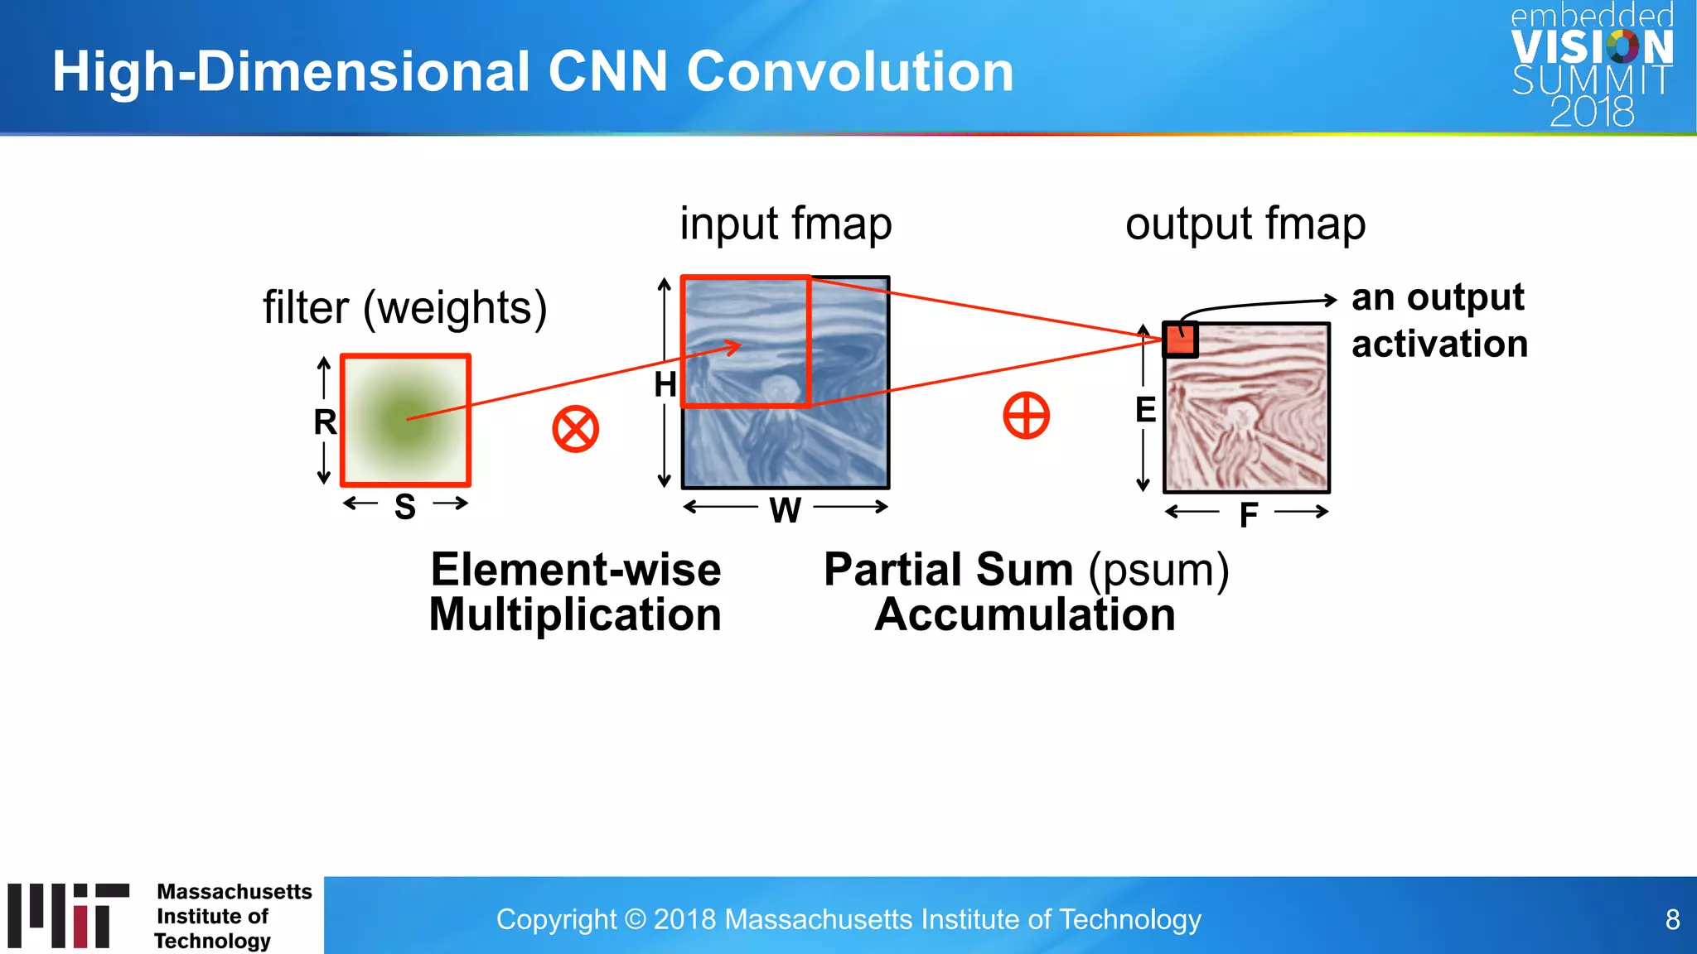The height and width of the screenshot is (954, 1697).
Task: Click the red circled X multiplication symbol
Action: click(575, 429)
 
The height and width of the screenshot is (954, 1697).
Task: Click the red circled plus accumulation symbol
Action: click(1026, 415)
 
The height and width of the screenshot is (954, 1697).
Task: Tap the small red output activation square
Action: click(1180, 340)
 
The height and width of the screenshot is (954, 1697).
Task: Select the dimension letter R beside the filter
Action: click(325, 422)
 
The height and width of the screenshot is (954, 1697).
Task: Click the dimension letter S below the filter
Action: click(404, 506)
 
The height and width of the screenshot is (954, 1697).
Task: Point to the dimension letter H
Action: click(665, 384)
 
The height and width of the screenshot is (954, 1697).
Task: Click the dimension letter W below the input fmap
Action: click(785, 509)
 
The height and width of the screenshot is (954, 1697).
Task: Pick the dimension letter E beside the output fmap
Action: click(1145, 410)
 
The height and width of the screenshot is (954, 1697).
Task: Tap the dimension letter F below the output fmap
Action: click(1248, 515)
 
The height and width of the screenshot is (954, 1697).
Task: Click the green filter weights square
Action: click(405, 420)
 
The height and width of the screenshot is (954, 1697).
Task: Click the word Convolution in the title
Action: click(849, 71)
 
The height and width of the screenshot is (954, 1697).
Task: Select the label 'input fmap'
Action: click(786, 224)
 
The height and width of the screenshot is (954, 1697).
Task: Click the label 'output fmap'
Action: click(1245, 224)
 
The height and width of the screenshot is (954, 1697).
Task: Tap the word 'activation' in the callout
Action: click(1439, 344)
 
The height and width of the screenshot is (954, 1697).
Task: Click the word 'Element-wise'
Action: click(576, 570)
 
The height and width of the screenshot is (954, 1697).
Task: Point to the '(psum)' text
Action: click(1158, 570)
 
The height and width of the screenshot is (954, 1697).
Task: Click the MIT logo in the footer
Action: click(68, 915)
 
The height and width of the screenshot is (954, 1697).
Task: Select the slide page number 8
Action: click(1672, 919)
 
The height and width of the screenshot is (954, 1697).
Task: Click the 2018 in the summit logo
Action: click(1591, 112)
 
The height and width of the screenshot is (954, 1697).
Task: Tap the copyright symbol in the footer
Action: click(635, 919)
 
